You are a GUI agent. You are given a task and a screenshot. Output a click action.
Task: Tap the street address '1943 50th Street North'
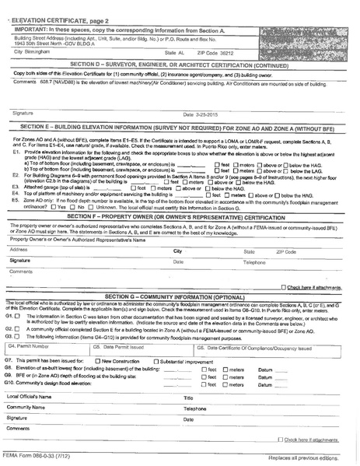pyautogui.click(x=42, y=42)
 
